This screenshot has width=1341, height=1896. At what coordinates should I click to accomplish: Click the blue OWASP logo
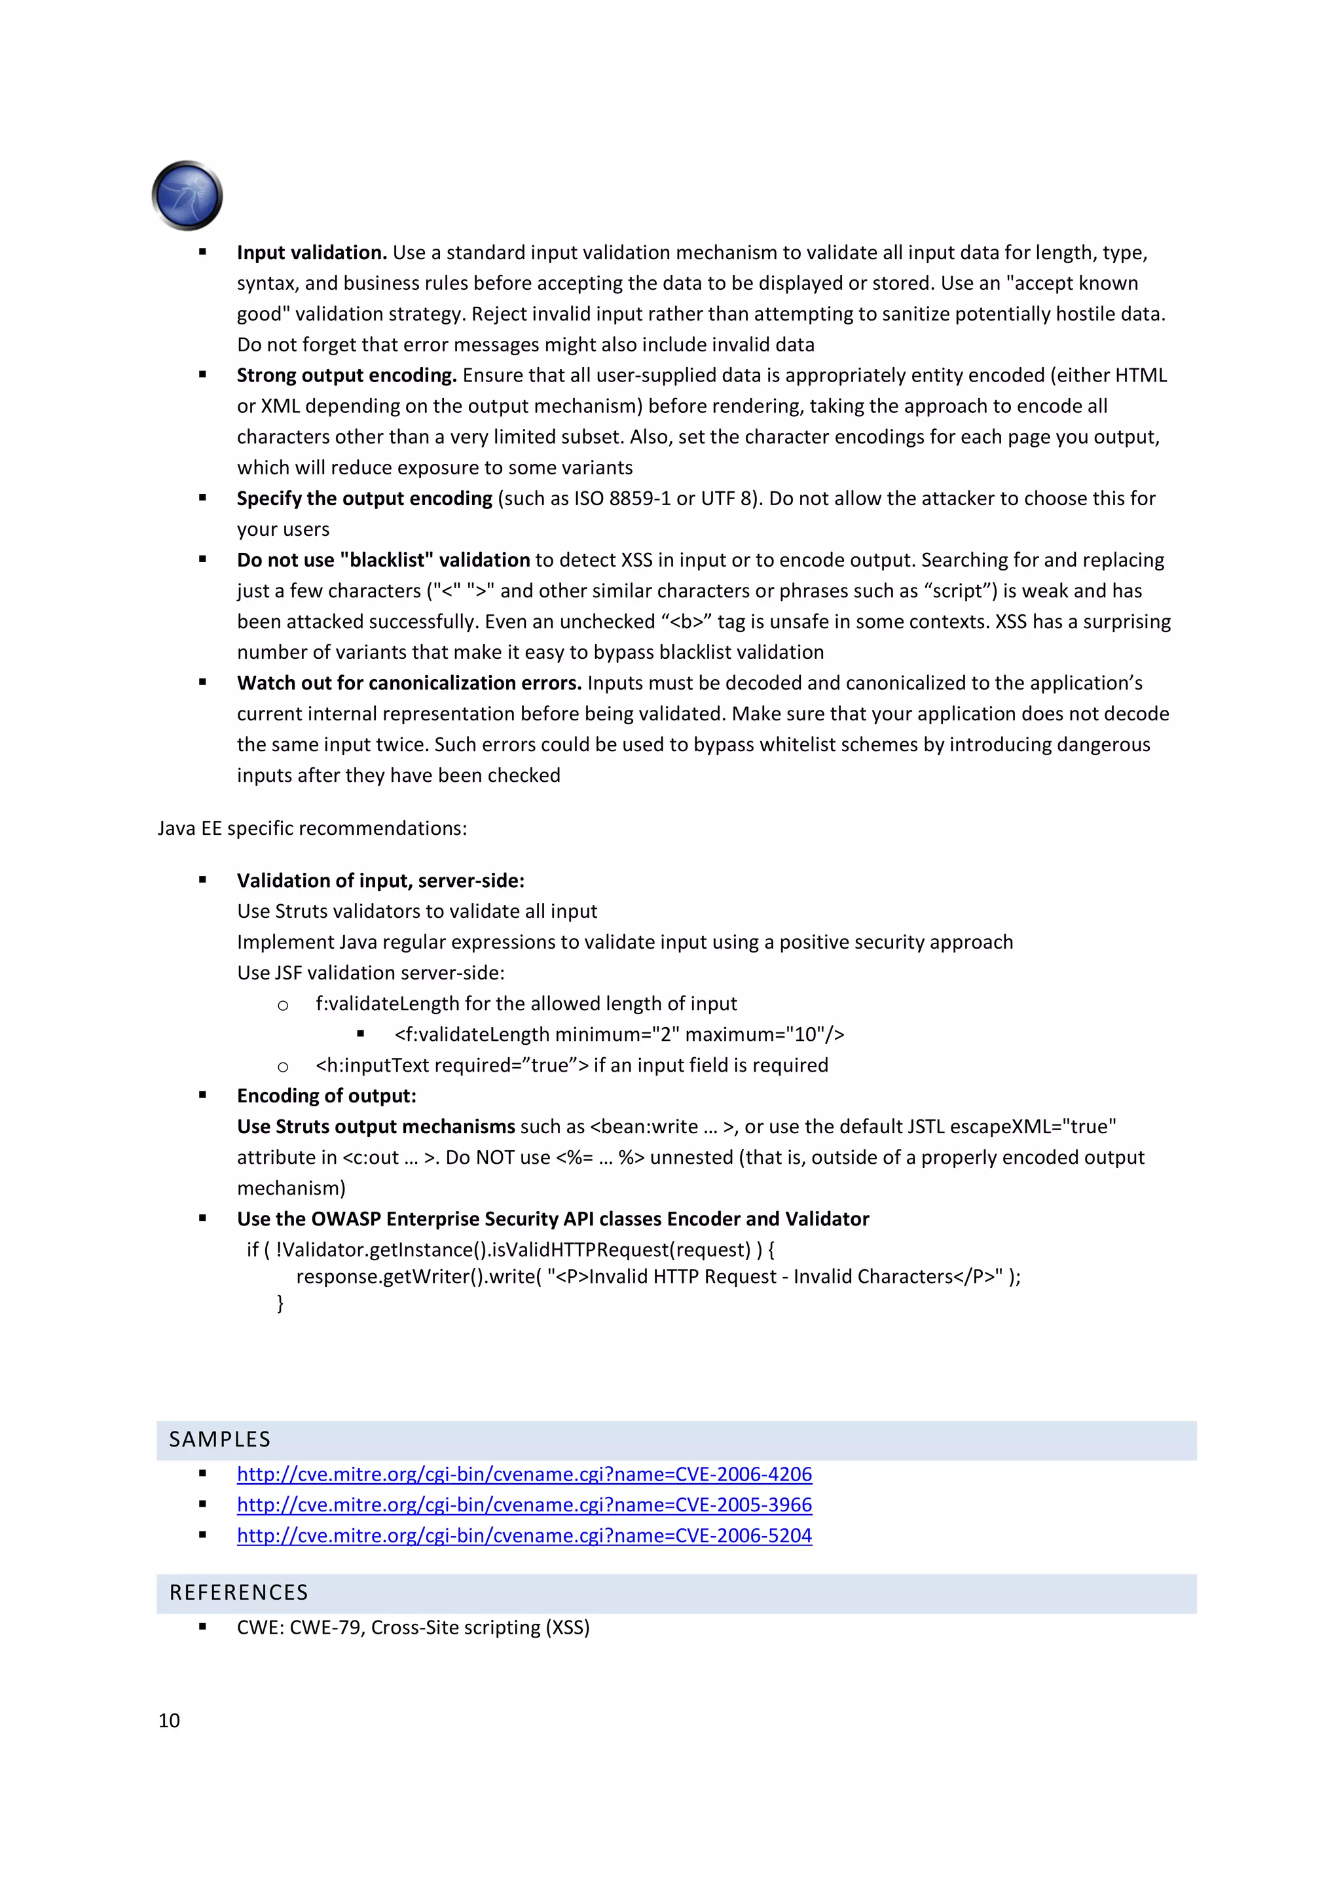coord(187,196)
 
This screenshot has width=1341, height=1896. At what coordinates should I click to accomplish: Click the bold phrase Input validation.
coord(312,253)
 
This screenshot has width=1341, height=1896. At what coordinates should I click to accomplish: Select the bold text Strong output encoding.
coord(346,376)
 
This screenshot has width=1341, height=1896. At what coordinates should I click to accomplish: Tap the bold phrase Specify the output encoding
coord(364,499)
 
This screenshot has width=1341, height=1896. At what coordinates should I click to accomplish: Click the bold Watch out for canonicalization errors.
coord(409,684)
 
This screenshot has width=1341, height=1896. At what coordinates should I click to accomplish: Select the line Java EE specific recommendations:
coord(312,828)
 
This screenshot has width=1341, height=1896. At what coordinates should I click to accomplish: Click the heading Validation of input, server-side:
coord(380,881)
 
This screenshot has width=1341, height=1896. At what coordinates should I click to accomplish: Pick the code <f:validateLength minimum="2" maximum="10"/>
coord(619,1035)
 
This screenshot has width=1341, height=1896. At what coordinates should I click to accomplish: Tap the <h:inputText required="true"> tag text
coord(451,1065)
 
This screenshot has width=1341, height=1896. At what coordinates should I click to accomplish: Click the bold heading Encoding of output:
coord(326,1097)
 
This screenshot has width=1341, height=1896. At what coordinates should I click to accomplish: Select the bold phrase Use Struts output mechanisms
coord(376,1127)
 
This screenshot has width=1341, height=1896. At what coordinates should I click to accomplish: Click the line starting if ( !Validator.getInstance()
coord(510,1250)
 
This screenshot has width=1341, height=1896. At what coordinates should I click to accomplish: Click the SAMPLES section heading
coord(220,1439)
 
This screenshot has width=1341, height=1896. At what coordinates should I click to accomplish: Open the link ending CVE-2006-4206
coord(524,1474)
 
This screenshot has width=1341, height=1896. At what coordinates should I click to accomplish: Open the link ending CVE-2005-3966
coord(524,1505)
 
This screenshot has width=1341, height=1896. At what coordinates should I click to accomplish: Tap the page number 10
coord(168,1720)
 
